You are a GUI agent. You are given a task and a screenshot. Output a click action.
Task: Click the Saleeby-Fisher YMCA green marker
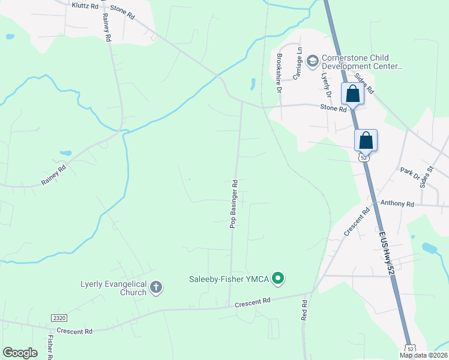pyautogui.click(x=277, y=278)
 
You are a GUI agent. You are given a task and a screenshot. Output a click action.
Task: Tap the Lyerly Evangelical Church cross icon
pyautogui.click(x=155, y=287)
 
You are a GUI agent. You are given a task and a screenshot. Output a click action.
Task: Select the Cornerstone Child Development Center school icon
pyautogui.click(x=312, y=61)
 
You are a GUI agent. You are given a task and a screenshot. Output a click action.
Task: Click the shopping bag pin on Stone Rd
pyautogui.click(x=352, y=94)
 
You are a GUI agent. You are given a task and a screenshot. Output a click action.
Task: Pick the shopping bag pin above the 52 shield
pyautogui.click(x=366, y=141)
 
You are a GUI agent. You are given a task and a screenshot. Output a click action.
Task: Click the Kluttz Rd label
pyautogui.click(x=85, y=5)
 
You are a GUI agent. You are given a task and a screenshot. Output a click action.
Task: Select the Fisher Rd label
pyautogui.click(x=50, y=347)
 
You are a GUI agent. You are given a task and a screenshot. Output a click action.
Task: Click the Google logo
pyautogui.click(x=20, y=353)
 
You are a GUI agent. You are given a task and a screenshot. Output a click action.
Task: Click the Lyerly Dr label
pyautogui.click(x=326, y=84)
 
